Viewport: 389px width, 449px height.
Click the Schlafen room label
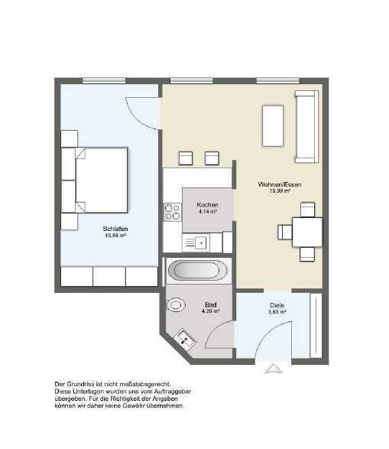[115, 228]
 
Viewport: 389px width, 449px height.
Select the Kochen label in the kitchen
[207, 205]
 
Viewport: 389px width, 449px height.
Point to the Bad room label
[210, 304]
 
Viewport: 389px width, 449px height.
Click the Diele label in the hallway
[277, 305]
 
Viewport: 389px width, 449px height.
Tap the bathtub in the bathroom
[196, 270]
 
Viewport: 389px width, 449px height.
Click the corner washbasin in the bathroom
[184, 338]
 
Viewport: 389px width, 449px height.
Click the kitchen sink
[196, 243]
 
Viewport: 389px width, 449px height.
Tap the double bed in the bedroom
[99, 181]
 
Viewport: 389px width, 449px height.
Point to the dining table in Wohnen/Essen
[306, 231]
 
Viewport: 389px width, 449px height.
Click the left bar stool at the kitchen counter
[186, 158]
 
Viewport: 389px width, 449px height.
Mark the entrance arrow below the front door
[272, 370]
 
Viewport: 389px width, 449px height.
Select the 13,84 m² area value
[115, 236]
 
